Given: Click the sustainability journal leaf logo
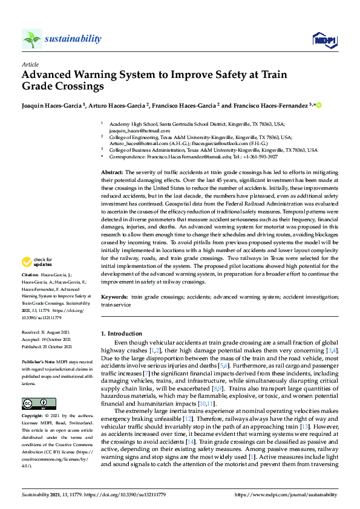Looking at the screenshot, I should point(32,39).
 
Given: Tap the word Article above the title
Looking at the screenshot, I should point(30,63).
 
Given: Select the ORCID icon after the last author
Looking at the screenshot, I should point(318,105).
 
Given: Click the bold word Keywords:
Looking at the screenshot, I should point(115,297).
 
